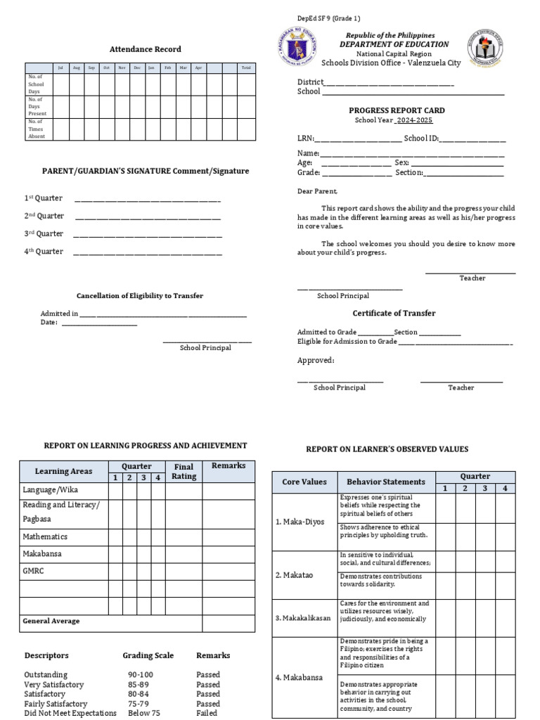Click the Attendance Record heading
pos(146,49)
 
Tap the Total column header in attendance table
pos(245,67)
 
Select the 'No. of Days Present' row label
pos(37,106)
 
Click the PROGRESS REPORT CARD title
pos(397,110)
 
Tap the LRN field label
pos(305,139)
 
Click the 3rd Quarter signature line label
pos(44,233)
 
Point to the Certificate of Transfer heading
pos(394,313)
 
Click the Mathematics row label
pos(45,536)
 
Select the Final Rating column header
pos(184,471)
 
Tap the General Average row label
pos(51,622)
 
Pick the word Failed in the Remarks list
pos(207,713)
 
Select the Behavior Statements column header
pos(385,482)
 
